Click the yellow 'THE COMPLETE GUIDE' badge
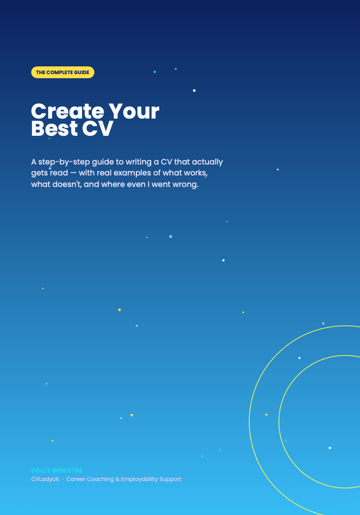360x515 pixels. (x=63, y=72)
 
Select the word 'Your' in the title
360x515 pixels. (x=134, y=111)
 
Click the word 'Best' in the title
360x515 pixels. (x=54, y=128)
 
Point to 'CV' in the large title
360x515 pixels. (x=98, y=128)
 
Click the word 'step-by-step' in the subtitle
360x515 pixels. (x=64, y=162)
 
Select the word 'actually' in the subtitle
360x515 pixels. (x=207, y=162)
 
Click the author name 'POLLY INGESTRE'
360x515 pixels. (x=57, y=470)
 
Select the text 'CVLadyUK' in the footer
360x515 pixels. (x=45, y=479)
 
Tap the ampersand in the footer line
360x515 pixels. (x=117, y=479)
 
